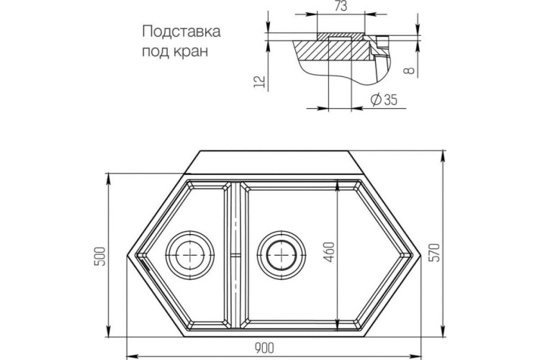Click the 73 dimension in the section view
pos(342,6)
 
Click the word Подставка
pos(181,32)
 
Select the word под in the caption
pos(156,50)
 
